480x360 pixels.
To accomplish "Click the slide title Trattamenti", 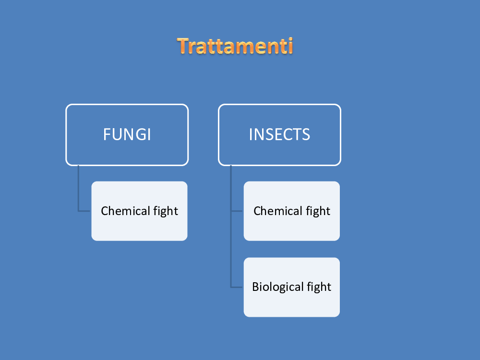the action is (235, 46).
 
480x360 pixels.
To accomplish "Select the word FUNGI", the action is (127, 134).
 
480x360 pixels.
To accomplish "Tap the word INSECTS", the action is (279, 134).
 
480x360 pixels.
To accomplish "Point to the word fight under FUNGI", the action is (166, 211).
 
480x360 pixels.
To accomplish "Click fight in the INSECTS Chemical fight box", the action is (318, 211).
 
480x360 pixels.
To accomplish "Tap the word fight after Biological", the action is (319, 287).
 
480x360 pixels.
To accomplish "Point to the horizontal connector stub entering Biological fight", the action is (237, 287).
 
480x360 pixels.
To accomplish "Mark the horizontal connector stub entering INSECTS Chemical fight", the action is (237, 211).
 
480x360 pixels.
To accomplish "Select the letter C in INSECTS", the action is (288, 134).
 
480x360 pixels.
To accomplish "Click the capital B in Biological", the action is (256, 287).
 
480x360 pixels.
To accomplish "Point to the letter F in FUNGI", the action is (107, 134).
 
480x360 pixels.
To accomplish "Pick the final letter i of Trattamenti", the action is (290, 46).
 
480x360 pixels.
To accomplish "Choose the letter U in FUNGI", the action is (117, 134).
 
